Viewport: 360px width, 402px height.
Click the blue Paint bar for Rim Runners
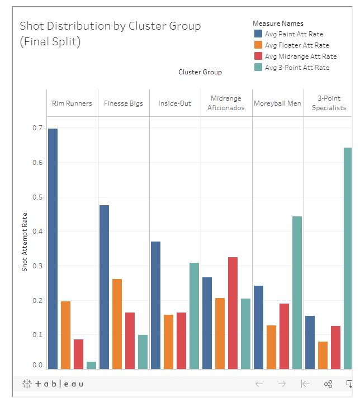coord(53,249)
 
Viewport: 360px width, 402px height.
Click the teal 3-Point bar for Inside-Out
coord(194,316)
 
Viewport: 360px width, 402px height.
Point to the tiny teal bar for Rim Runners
coord(91,365)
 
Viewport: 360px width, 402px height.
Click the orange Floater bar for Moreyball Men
coord(271,347)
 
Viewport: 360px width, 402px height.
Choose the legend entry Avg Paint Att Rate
coord(294,34)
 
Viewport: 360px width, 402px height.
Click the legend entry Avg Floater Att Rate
coord(297,45)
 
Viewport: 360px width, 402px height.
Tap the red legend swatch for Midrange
coord(258,56)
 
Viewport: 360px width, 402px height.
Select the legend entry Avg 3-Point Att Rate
coord(297,68)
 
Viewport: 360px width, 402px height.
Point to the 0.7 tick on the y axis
coord(37,128)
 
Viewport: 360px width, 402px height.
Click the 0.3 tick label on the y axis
coord(37,266)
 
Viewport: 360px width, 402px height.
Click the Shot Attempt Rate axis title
coord(25,242)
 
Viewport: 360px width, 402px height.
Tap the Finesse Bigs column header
coord(124,103)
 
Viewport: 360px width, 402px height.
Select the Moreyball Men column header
coord(277,103)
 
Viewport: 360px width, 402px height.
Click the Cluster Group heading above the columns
coord(200,72)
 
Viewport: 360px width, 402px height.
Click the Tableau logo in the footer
coord(53,384)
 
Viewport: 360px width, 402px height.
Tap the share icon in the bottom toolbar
coord(328,384)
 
